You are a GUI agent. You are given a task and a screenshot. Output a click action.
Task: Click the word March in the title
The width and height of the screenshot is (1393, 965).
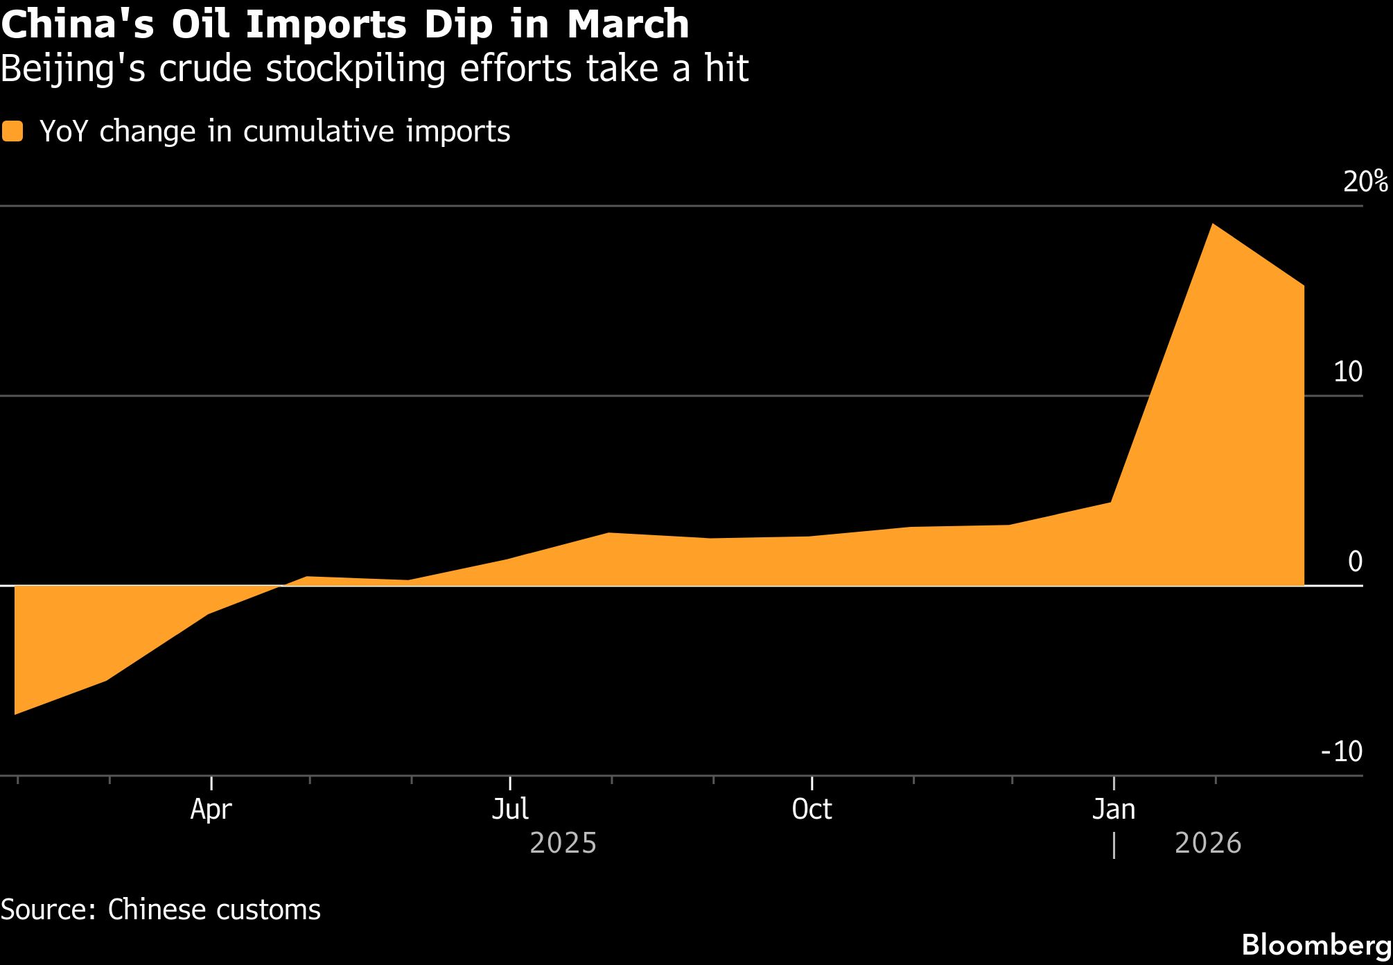click(x=628, y=24)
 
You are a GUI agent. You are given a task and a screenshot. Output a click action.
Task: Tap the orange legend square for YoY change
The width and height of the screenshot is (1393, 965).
click(x=12, y=132)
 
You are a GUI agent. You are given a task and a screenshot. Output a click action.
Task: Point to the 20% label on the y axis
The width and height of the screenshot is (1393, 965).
click(x=1365, y=182)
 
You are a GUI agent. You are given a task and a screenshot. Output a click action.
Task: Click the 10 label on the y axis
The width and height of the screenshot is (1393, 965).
click(x=1347, y=372)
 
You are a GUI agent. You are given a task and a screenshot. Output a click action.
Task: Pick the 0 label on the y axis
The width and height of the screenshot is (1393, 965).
click(x=1355, y=562)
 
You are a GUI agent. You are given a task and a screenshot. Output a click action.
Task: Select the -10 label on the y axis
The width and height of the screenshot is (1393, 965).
click(x=1342, y=751)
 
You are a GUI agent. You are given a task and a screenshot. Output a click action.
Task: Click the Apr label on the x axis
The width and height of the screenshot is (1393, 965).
click(x=211, y=810)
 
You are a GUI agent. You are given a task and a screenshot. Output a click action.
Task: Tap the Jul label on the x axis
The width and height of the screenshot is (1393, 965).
click(x=510, y=810)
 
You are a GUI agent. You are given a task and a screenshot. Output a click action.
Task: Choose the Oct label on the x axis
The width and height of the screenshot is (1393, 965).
click(x=812, y=810)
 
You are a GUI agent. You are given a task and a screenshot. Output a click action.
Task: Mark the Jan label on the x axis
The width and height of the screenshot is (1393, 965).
click(x=1114, y=810)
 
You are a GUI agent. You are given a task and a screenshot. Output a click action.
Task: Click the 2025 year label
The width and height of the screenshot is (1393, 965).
click(x=563, y=844)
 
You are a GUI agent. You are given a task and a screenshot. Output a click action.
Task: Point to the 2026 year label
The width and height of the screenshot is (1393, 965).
click(x=1208, y=844)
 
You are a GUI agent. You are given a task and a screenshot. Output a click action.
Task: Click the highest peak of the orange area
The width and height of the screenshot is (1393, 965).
click(x=1212, y=225)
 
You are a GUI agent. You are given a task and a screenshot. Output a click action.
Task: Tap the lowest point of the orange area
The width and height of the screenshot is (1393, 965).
click(x=15, y=713)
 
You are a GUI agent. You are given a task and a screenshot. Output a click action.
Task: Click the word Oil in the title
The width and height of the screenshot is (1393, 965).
click(x=200, y=24)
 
